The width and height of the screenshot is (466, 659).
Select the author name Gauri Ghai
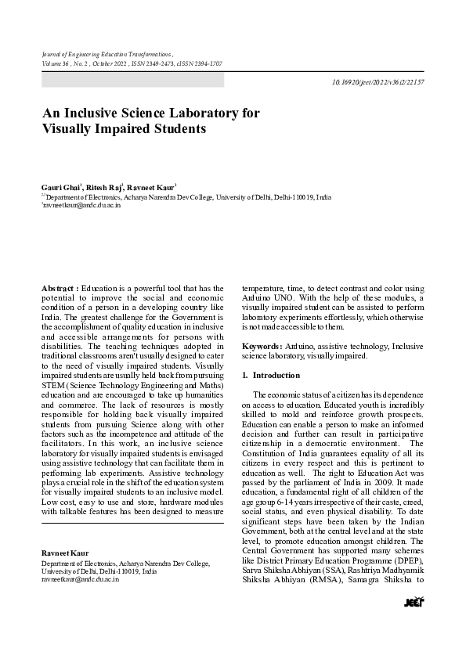60,188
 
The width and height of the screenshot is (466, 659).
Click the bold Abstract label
60,289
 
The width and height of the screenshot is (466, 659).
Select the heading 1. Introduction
266,375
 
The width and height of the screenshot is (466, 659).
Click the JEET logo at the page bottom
414,602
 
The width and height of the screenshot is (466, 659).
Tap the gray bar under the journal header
132,80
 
